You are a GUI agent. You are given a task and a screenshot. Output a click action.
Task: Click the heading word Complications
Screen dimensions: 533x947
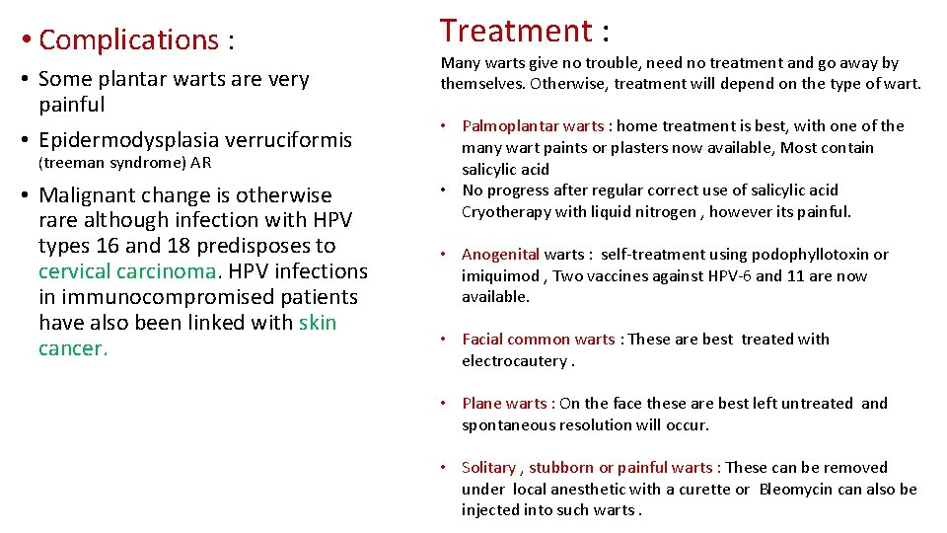coord(128,40)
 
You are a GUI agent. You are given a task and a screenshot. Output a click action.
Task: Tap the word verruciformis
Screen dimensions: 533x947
coord(299,140)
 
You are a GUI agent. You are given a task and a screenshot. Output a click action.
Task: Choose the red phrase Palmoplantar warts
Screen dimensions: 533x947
coord(533,126)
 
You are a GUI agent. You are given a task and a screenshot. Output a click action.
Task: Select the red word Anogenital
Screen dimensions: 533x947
coord(500,255)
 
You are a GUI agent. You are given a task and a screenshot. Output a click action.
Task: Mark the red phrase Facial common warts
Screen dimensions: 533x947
coord(538,340)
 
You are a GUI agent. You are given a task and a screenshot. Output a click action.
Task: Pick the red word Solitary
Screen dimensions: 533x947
coord(487,468)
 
